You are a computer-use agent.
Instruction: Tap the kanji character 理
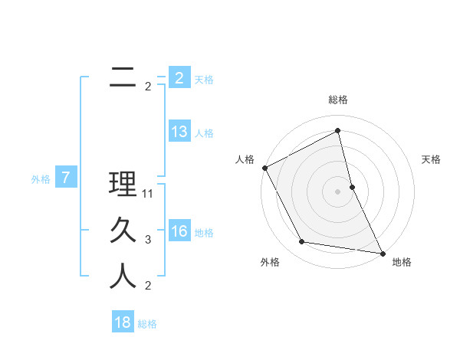[123, 185]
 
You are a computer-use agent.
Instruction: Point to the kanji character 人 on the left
[123, 276]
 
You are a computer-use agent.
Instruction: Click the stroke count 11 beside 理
[148, 194]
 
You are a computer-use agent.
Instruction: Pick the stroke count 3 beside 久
[148, 240]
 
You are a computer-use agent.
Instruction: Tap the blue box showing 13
[179, 132]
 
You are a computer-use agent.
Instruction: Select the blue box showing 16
[179, 231]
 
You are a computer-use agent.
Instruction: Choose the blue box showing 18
[123, 322]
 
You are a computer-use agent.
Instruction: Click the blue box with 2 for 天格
[179, 78]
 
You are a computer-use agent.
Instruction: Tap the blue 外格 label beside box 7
[41, 179]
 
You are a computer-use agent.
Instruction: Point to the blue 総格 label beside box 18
[147, 324]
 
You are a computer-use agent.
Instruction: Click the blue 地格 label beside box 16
[204, 233]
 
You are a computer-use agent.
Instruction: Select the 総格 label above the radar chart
[338, 100]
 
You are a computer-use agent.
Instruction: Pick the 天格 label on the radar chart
[432, 159]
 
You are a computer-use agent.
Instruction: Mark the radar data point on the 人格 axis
[264, 168]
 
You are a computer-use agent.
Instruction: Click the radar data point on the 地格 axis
[382, 253]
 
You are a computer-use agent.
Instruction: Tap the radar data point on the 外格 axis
[302, 242]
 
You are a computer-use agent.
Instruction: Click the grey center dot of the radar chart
[337, 191]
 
